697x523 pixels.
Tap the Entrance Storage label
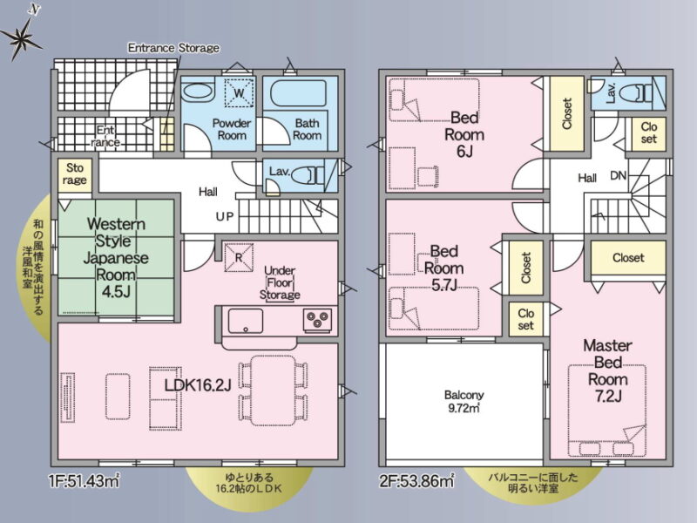coord(173,48)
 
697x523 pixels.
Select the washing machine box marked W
coord(239,92)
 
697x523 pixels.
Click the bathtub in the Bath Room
coord(298,92)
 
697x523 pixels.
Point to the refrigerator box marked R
coord(239,257)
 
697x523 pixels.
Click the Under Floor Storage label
coord(280,282)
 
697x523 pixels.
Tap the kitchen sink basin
coord(246,321)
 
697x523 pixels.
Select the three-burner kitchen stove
coord(317,320)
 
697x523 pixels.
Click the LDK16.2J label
coord(198,385)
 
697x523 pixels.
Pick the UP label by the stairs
coord(225,216)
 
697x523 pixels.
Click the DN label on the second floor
coord(618,176)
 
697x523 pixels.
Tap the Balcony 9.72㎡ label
coord(464,402)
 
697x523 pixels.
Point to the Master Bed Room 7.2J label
coord(607,370)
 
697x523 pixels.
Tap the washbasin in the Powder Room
coord(199,92)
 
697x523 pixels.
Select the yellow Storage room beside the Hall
coord(75,175)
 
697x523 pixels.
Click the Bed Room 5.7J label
coord(443,268)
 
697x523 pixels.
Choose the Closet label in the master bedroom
coord(628,257)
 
